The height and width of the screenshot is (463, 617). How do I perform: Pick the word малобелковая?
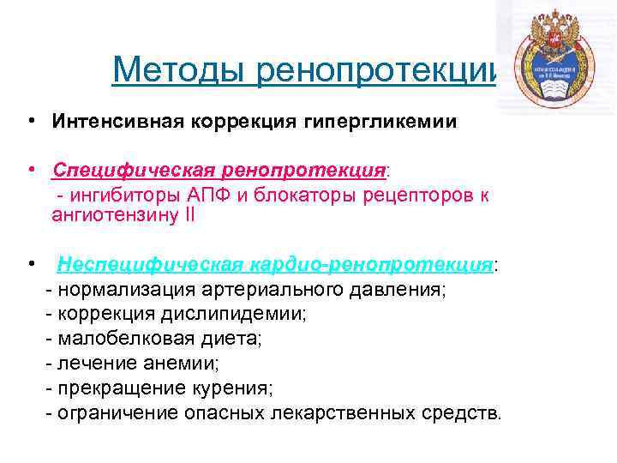114,339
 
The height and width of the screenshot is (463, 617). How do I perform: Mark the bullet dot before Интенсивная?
30,121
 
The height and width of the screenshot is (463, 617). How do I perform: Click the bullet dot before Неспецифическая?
30,264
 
